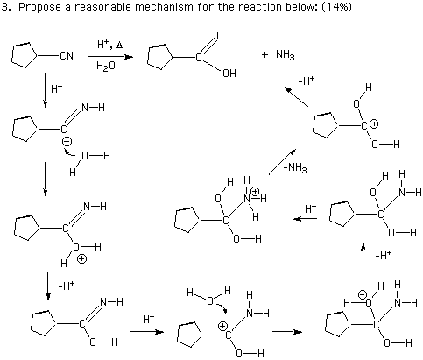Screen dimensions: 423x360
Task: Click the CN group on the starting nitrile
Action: click(67, 55)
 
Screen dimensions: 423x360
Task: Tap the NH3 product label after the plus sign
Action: click(286, 55)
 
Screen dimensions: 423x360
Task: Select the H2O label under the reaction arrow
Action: click(106, 66)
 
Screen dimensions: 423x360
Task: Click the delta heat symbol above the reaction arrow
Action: click(119, 45)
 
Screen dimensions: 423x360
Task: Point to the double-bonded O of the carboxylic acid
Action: click(219, 36)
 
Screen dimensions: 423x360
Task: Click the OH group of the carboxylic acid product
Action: click(229, 74)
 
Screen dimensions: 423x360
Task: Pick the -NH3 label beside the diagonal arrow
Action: click(295, 168)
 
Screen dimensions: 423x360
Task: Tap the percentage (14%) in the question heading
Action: click(336, 7)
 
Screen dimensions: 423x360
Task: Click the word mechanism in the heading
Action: click(163, 7)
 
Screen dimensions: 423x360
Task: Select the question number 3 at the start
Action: click(5, 7)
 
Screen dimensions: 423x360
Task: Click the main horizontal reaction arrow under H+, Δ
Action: click(110, 57)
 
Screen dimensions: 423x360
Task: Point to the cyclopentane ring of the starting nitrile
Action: click(25, 55)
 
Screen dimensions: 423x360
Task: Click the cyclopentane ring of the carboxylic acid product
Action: click(160, 57)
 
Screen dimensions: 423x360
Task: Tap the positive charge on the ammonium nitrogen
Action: click(255, 191)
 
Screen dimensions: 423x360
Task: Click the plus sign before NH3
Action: click(264, 55)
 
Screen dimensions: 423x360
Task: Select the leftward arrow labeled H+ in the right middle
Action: click(306, 219)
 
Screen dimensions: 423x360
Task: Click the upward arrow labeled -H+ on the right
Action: click(363, 258)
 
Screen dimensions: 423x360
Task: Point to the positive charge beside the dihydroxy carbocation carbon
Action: click(374, 124)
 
